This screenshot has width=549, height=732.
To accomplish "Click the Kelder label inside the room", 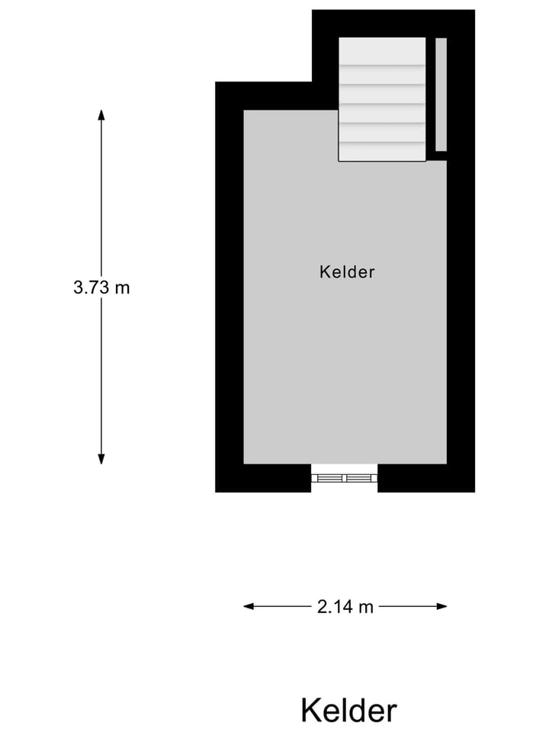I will [347, 271].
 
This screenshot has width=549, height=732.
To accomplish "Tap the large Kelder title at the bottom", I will [348, 710].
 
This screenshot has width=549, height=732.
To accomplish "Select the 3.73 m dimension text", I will [101, 287].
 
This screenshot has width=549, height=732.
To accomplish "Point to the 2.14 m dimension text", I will [345, 607].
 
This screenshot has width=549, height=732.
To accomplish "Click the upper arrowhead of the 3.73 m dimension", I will [101, 115].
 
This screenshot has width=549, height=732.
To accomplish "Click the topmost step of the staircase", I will [382, 51].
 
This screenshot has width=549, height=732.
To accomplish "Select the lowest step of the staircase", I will [382, 152].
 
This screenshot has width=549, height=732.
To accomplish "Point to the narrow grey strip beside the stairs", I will [441, 94].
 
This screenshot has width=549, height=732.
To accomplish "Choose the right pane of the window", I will [361, 478].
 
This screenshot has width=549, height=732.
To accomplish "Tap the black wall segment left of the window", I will [263, 478].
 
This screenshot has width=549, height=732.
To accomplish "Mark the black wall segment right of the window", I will [425, 478].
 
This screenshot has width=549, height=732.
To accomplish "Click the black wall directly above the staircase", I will [382, 23].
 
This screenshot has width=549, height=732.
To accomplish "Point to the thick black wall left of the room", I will [229, 290].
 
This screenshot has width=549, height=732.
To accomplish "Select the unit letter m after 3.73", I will [124, 288].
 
